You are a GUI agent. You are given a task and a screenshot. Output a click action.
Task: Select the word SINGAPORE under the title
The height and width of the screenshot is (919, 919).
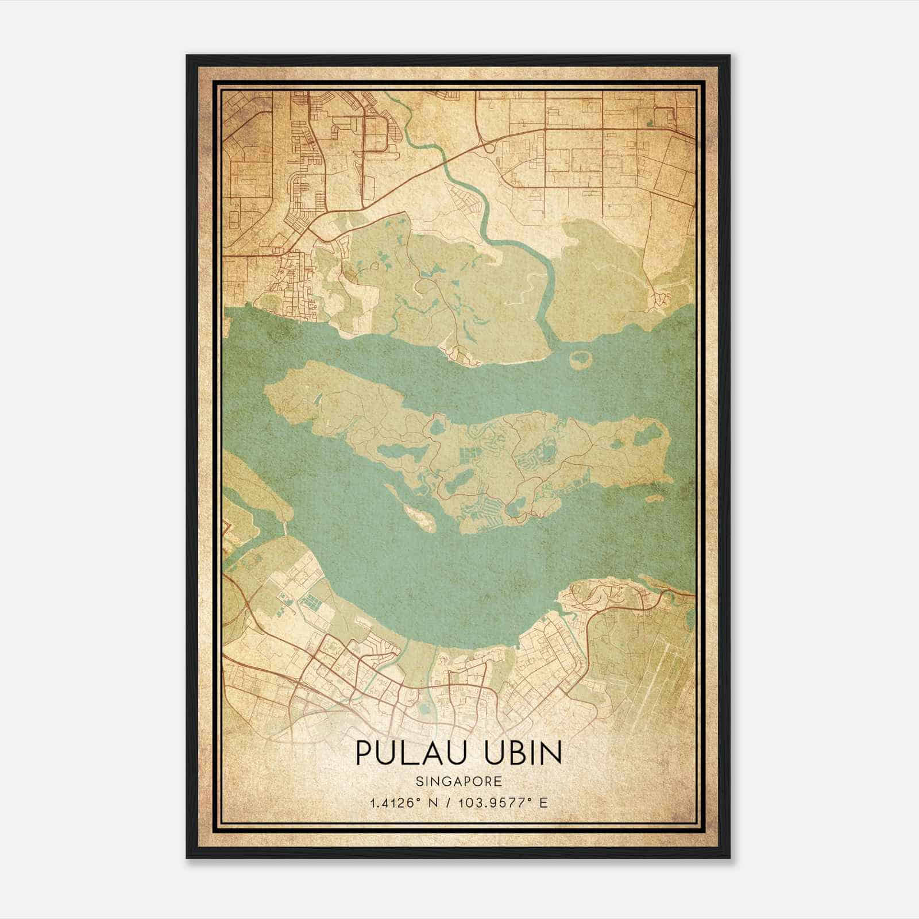(x=459, y=781)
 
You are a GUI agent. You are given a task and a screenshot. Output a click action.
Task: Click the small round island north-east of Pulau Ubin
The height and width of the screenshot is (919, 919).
(x=581, y=360)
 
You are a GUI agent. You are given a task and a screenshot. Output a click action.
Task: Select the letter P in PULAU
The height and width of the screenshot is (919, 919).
(x=363, y=753)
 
